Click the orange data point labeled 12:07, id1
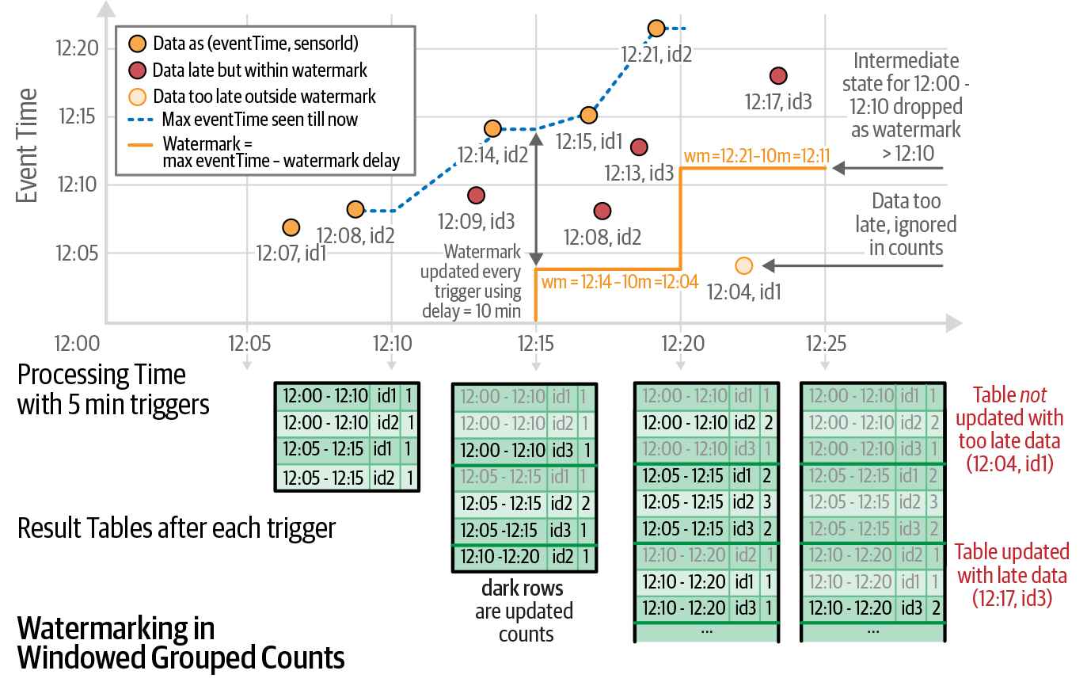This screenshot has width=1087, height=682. (291, 228)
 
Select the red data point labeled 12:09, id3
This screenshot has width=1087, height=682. (476, 195)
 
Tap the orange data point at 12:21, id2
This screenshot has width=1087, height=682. (656, 29)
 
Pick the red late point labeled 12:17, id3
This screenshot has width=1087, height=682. (777, 76)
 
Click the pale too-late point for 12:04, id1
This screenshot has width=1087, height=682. (743, 265)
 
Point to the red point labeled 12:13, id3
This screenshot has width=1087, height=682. (639, 147)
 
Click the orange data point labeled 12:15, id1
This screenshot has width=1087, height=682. (588, 115)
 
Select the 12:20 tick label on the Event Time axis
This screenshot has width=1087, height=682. (78, 49)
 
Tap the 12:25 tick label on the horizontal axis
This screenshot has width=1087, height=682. (825, 344)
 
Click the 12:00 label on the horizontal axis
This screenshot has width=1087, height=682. (77, 344)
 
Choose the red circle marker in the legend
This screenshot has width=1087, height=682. (137, 70)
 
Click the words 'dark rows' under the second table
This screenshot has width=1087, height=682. (523, 589)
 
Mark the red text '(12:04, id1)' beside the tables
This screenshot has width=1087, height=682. (1009, 463)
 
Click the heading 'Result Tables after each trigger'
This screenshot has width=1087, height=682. (177, 528)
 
